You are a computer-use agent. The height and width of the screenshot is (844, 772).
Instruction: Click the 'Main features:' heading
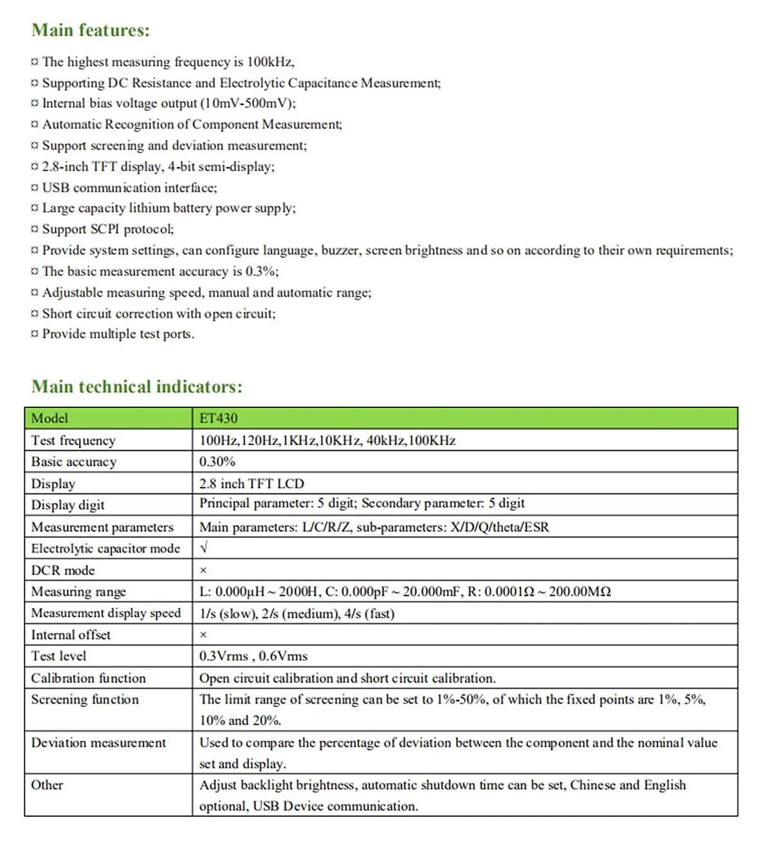(x=91, y=30)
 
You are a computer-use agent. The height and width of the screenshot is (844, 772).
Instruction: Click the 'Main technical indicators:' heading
(x=137, y=387)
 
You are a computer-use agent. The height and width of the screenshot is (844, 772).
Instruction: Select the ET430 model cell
(x=218, y=419)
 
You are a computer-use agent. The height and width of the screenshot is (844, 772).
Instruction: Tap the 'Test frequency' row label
(x=73, y=441)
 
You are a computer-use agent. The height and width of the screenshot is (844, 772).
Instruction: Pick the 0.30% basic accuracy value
(x=217, y=462)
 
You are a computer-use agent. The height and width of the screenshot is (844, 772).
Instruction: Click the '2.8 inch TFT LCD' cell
(x=252, y=484)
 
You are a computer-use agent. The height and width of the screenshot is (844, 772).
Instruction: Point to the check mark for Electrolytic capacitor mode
(x=204, y=548)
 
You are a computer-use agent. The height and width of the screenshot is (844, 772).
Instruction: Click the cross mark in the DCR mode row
(x=203, y=571)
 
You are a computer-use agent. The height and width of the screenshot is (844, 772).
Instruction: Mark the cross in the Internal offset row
(x=203, y=635)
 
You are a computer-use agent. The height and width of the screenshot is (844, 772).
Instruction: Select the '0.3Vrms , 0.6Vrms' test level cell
(x=253, y=656)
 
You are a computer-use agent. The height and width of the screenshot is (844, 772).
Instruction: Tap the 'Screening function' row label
(x=85, y=700)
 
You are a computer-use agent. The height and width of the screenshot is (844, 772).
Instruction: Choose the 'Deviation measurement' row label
(x=98, y=743)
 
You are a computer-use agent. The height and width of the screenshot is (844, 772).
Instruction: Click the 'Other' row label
(x=47, y=785)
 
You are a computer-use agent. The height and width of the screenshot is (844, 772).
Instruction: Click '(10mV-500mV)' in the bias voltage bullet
(x=248, y=104)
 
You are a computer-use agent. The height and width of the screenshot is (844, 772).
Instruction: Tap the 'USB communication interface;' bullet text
(x=129, y=188)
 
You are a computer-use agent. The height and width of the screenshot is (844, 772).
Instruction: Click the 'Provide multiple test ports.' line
(x=118, y=335)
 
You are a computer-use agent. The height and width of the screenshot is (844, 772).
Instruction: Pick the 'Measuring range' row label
(x=78, y=592)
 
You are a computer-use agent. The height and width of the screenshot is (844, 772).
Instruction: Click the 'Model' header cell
(x=50, y=419)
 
